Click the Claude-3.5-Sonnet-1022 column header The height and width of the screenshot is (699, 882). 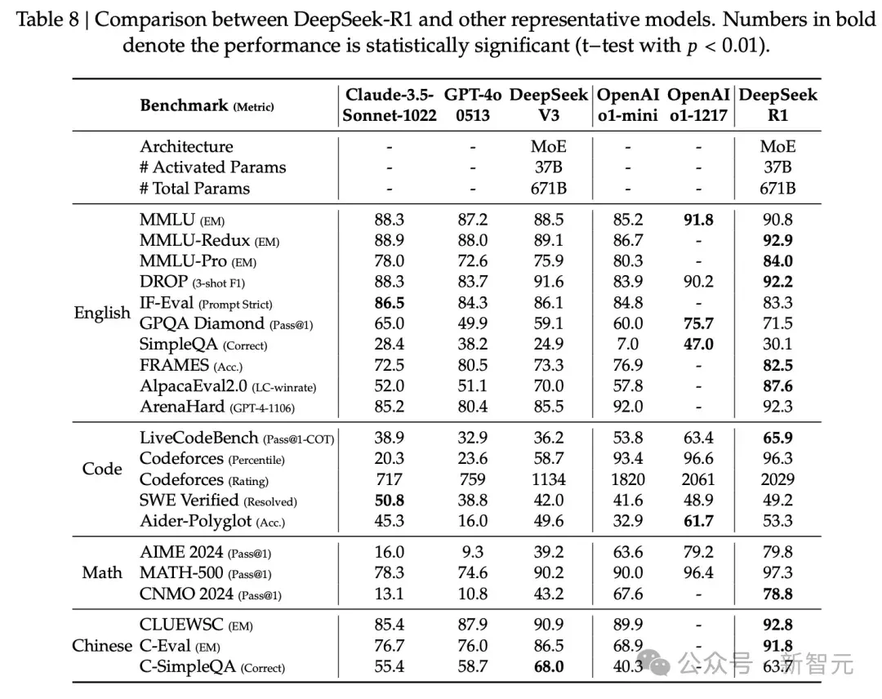[390, 105]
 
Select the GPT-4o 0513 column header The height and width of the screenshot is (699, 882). [473, 105]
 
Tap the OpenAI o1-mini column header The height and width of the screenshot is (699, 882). [628, 105]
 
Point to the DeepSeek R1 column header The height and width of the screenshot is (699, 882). [778, 105]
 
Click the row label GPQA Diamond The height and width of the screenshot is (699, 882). [202, 323]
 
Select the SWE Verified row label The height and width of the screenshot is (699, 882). [189, 500]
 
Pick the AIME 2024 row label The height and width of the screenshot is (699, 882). [181, 552]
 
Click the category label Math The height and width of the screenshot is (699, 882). [102, 572]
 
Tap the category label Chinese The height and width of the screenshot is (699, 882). [102, 646]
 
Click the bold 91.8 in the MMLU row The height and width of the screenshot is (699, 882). [698, 220]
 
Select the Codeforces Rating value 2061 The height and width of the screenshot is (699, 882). [698, 479]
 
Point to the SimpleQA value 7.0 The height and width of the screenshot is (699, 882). [628, 344]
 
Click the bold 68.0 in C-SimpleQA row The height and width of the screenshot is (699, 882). [549, 666]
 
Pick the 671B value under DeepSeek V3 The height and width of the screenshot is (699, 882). [549, 189]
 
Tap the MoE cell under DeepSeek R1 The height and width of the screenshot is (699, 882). [778, 147]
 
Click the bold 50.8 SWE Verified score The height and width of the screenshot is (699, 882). [390, 501]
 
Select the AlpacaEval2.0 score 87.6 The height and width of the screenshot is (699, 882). [778, 386]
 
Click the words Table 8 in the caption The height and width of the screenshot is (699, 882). [48, 20]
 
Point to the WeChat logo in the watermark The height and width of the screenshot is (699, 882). [657, 664]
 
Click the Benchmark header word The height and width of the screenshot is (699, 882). [184, 105]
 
